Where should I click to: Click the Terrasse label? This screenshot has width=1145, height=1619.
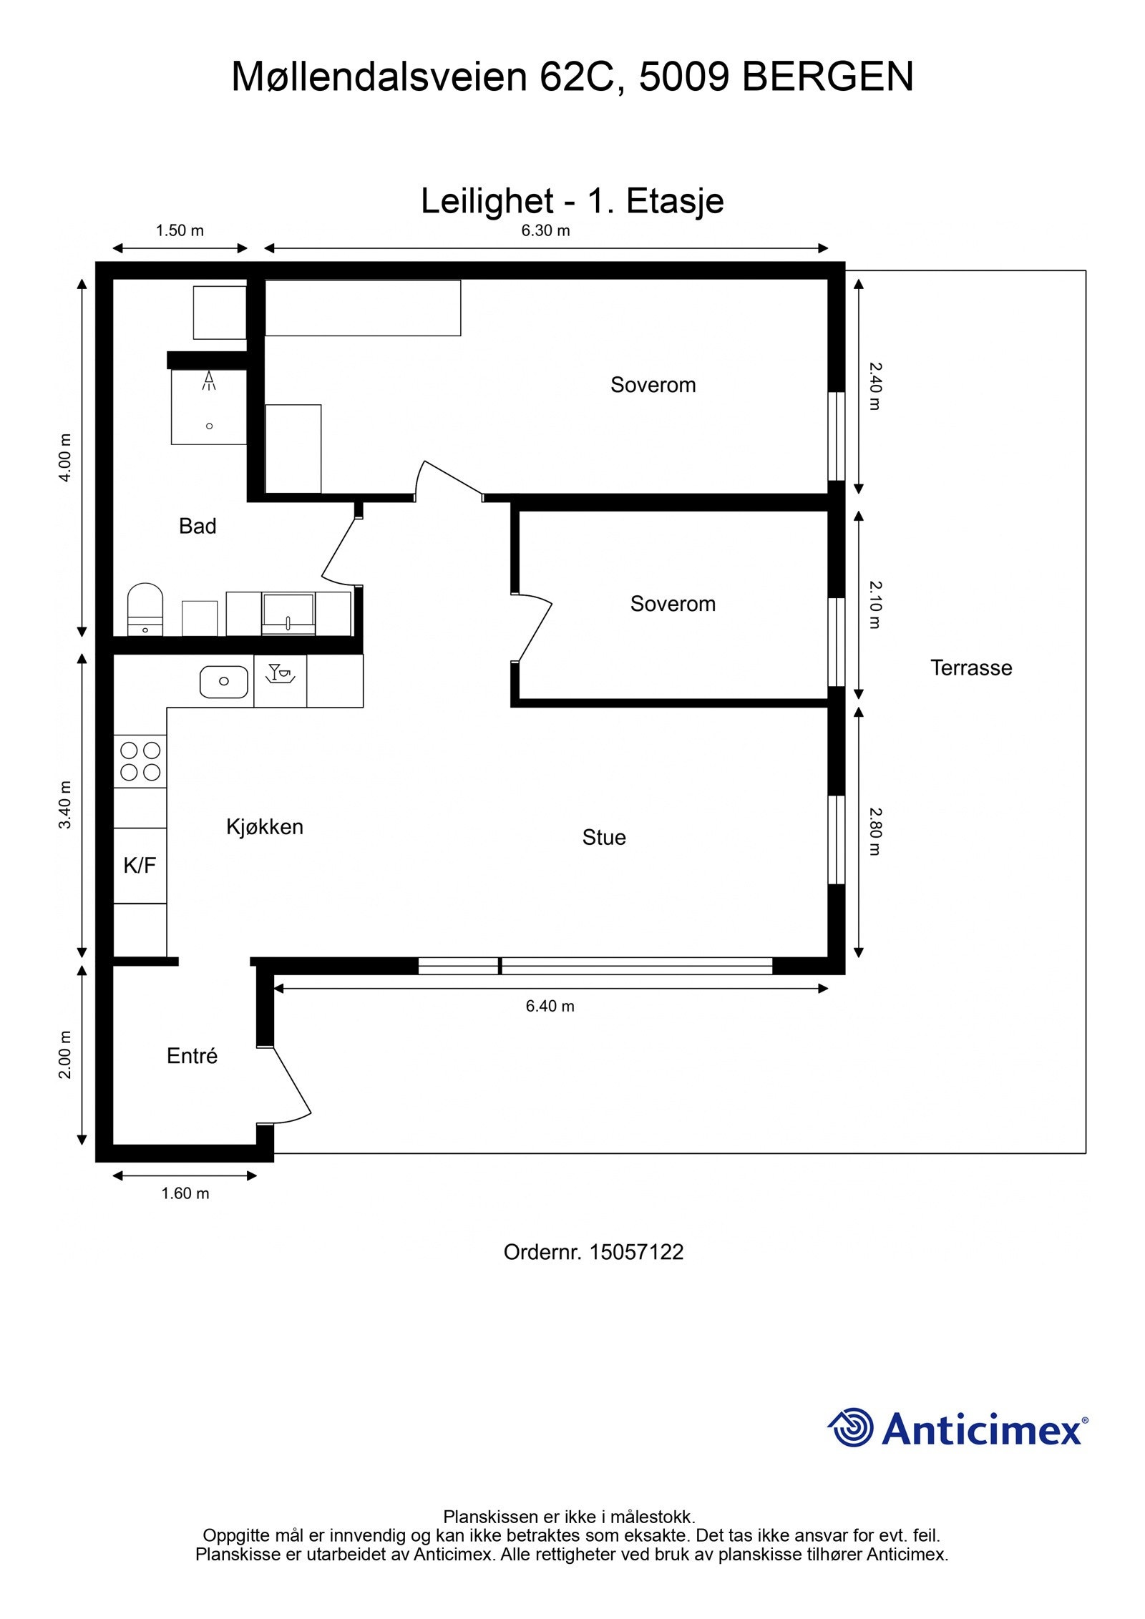(971, 668)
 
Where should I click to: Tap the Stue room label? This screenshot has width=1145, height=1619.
(604, 838)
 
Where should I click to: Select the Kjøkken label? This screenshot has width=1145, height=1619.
(265, 827)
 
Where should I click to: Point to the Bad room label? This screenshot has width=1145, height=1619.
(198, 527)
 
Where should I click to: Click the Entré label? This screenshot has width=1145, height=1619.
(192, 1056)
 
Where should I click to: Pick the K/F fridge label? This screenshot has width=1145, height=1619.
(140, 866)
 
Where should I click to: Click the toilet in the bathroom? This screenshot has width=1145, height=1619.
(145, 610)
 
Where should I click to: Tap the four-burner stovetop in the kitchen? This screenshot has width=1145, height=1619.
(140, 761)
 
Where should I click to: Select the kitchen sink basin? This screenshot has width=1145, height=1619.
(224, 682)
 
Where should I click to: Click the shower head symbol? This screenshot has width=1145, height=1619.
(209, 381)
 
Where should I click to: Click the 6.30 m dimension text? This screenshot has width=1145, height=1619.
(545, 230)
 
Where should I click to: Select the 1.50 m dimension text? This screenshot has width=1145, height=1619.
(180, 230)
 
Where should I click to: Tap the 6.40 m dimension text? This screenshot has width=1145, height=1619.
(550, 1006)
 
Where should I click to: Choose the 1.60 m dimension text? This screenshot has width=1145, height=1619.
(185, 1193)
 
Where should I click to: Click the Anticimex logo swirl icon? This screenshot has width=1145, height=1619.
(851, 1427)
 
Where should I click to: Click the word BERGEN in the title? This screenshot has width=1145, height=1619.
(828, 77)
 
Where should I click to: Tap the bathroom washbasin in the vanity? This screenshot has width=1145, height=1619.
(288, 612)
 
